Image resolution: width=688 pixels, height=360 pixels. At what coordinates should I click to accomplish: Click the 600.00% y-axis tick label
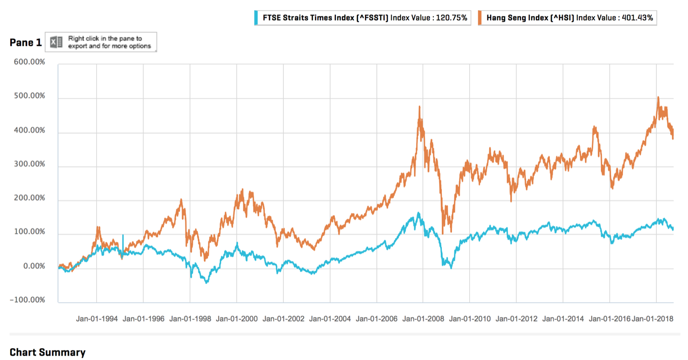[27, 63]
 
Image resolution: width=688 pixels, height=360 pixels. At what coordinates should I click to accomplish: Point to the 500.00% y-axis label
[27, 97]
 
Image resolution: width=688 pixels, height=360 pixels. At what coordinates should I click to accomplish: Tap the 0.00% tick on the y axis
[31, 267]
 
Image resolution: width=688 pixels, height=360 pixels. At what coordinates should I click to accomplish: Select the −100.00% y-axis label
[25, 300]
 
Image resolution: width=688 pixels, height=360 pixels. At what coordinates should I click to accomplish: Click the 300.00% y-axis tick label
[27, 164]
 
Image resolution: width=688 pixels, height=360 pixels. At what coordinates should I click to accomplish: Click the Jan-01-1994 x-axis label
[97, 318]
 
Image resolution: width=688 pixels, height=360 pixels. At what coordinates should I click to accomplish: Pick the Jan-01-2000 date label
[236, 318]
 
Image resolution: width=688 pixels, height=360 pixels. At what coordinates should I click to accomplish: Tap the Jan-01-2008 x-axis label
[423, 318]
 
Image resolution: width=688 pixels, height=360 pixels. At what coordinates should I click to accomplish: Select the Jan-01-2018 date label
[652, 318]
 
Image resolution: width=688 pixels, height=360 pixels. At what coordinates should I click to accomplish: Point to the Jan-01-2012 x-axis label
[517, 318]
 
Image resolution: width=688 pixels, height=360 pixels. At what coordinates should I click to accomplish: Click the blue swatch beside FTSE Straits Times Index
[256, 18]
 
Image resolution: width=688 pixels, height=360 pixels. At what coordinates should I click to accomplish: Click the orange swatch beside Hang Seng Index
[480, 18]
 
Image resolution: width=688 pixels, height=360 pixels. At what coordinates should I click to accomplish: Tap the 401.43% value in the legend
[637, 18]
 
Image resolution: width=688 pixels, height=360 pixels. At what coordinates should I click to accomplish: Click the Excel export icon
[57, 42]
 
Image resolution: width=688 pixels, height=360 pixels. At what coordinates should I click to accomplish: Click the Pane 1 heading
[25, 42]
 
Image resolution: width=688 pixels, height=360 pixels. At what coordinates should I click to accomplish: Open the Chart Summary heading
[47, 352]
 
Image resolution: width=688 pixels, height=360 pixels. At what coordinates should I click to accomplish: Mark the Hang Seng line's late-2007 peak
[419, 107]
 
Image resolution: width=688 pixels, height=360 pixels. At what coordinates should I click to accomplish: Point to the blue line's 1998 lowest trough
[206, 283]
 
